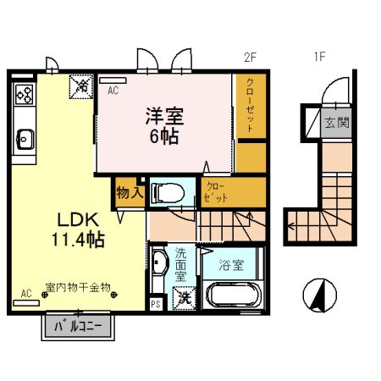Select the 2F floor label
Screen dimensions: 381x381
249,58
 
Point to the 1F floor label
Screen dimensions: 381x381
319,58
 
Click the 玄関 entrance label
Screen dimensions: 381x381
337,122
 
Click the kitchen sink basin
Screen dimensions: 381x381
23,136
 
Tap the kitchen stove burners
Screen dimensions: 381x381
23,94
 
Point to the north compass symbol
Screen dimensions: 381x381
319,295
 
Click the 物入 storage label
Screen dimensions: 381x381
129,192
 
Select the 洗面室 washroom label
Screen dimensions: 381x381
181,264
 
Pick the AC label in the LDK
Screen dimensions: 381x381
25,293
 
